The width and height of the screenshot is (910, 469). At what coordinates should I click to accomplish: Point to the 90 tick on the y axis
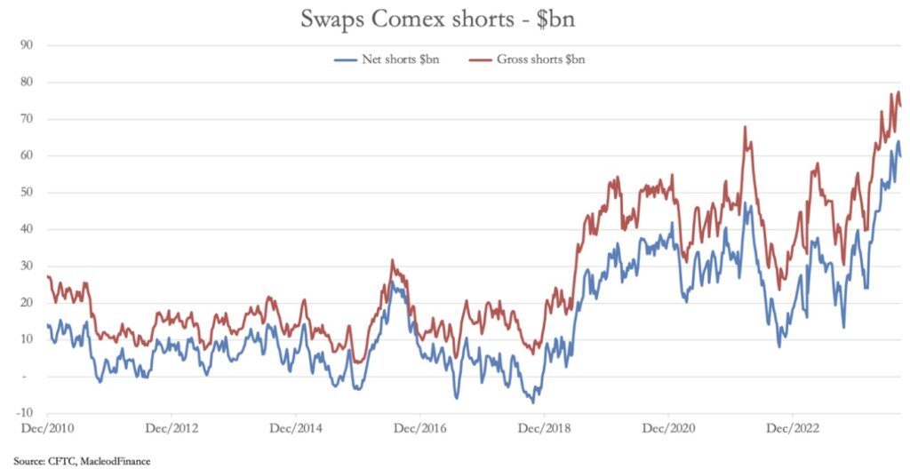(27, 45)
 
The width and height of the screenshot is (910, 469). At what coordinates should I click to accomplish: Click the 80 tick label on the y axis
(27, 82)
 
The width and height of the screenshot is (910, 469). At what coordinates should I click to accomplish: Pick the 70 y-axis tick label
(27, 119)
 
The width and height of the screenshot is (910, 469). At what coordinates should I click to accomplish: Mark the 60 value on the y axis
(27, 155)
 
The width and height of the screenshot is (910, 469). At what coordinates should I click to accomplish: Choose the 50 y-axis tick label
(27, 193)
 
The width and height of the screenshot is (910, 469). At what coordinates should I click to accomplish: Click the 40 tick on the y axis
(27, 229)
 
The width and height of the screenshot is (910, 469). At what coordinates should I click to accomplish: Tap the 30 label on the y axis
(27, 266)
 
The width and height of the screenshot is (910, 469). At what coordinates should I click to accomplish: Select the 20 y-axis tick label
(27, 303)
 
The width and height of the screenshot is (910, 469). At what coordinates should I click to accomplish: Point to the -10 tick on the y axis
(25, 413)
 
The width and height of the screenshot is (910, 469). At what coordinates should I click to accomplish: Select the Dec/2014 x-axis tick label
(295, 427)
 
